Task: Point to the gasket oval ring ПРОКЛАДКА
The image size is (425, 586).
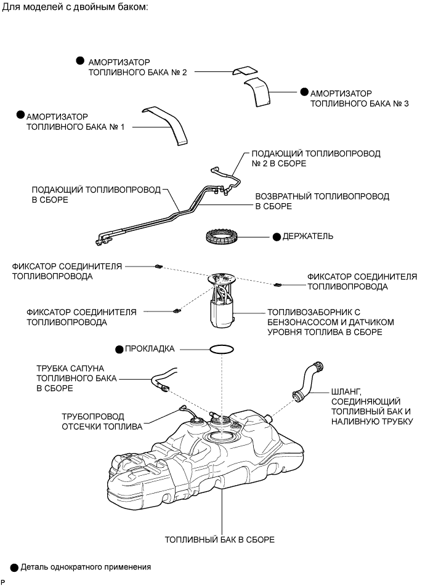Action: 221,349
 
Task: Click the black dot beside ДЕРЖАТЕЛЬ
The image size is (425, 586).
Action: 277,236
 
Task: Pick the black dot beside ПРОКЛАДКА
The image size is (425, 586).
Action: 119,348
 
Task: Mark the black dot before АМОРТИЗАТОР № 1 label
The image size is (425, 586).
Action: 20,115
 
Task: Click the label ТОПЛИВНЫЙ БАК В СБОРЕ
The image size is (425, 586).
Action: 219,540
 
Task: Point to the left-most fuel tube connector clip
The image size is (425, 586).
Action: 158,267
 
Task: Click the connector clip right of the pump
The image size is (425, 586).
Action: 277,284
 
